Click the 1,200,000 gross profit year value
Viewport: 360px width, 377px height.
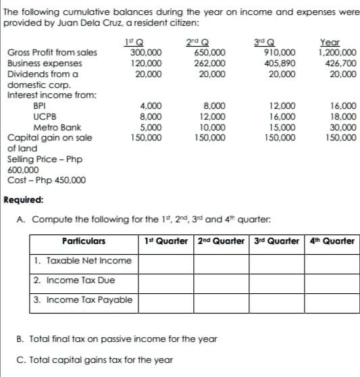click(337, 52)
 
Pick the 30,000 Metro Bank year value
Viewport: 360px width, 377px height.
click(344, 126)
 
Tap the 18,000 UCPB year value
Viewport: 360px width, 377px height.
click(344, 116)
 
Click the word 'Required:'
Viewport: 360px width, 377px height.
click(24, 200)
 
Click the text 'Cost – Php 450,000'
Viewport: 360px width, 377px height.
click(46, 180)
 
